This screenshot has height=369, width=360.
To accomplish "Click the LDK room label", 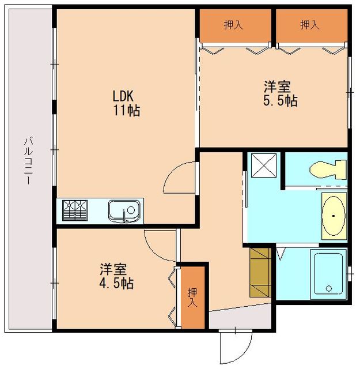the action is pos(123,96).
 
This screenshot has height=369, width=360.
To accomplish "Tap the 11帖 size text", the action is pos(127,110).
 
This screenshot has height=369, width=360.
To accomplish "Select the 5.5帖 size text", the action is pos(281,101).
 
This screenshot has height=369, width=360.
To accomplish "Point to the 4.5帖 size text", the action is pos(116,283).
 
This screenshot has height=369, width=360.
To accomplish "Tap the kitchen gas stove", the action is pos(75,210).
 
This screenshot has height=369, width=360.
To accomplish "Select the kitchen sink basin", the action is pos(124,211).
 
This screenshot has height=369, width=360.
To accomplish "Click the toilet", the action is pos(328,170).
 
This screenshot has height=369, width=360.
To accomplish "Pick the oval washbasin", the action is pos(334,216).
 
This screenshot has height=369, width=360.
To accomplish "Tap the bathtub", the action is pos(328,274).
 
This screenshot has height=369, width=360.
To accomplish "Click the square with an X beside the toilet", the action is pos(264,165).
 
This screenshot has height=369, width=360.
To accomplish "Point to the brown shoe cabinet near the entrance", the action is pos(260,272).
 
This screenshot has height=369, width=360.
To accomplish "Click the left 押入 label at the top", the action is pos(233,25).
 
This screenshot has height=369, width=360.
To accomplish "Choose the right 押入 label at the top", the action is pos(310,25).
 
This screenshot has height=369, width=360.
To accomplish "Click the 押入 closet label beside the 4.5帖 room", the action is pos(192,298).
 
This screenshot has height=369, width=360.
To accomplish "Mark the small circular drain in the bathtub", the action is pos(329,288).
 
